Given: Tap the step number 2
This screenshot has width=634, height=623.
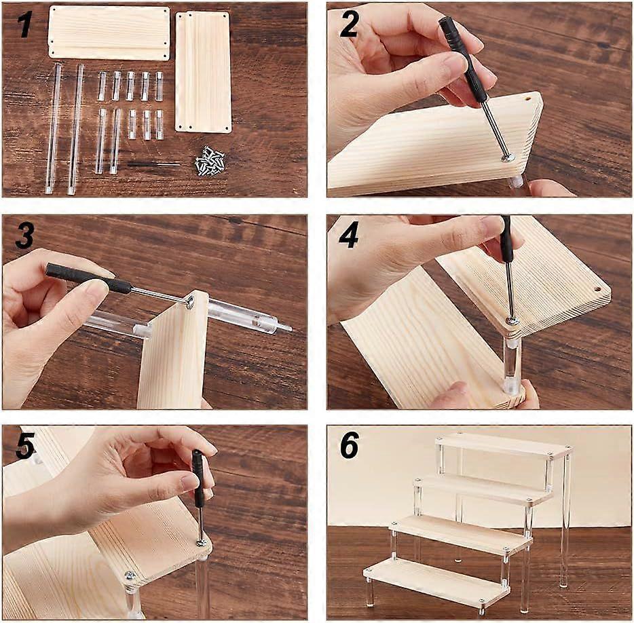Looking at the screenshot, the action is coord(349,24).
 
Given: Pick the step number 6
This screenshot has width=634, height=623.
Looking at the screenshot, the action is coord(349,445).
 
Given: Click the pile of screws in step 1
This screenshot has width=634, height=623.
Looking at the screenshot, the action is coord(210,162).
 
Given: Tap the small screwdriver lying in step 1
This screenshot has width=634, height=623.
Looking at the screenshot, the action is coord(153,164).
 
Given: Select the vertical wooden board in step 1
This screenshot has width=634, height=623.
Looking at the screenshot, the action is coord(204,71).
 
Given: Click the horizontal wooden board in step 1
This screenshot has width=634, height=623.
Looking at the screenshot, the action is coord(109,33).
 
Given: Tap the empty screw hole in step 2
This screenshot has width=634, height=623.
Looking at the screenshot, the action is coord(527,98).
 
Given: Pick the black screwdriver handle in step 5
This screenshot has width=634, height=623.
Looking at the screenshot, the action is coord(198,480).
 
